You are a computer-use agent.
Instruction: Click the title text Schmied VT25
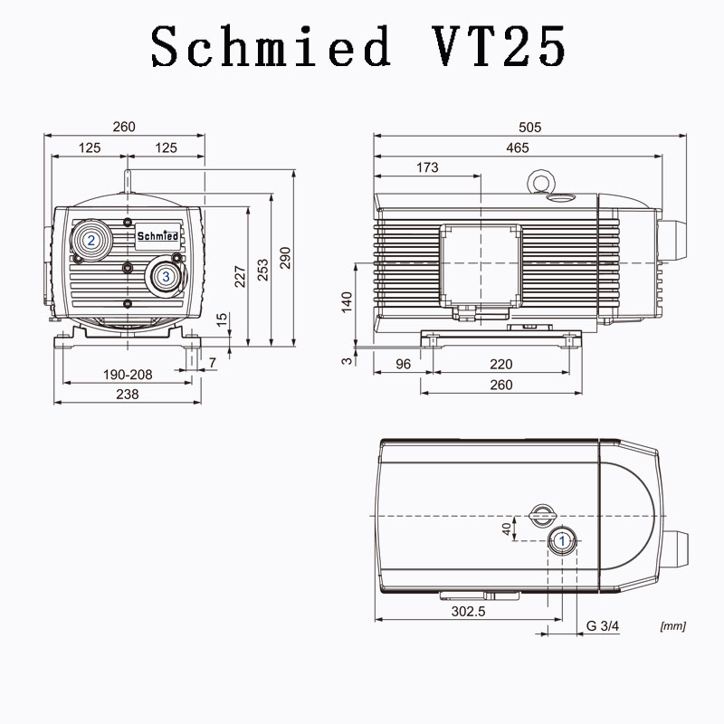tap(359, 45)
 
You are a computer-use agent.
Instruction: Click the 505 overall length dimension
tap(530, 128)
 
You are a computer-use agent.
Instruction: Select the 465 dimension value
tap(518, 148)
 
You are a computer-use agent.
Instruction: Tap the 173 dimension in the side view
tap(427, 167)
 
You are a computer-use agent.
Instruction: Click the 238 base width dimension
tap(128, 395)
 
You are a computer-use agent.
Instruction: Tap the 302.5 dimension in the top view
tap(469, 611)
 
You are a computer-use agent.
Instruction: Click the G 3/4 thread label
tap(603, 625)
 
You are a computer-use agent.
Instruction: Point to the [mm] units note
tap(672, 625)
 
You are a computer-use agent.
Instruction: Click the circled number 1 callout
tap(562, 540)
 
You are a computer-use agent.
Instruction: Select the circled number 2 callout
tap(90, 240)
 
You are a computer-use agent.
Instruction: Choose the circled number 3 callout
tap(166, 276)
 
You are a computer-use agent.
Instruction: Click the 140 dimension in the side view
tap(347, 301)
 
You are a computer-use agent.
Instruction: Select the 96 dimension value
tap(404, 365)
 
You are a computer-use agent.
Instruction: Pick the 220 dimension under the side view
tap(500, 365)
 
